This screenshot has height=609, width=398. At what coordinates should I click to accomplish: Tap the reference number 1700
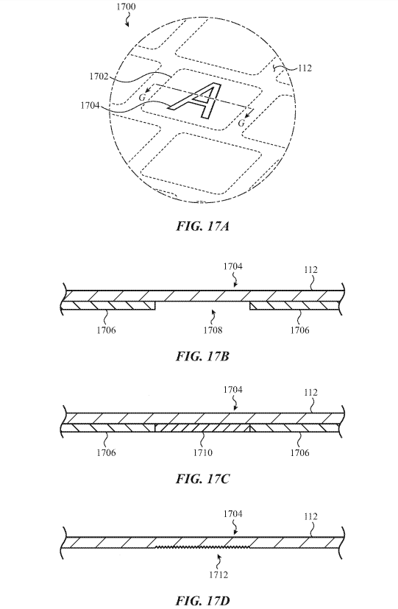click(x=126, y=7)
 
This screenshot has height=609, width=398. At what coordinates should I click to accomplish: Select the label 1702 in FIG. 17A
click(x=99, y=76)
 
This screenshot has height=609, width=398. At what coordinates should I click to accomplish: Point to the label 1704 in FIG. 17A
click(x=90, y=105)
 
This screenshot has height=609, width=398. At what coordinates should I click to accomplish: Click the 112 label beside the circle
click(x=305, y=68)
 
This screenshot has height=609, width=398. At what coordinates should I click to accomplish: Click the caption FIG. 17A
click(x=203, y=226)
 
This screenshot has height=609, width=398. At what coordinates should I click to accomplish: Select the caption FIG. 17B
click(x=202, y=356)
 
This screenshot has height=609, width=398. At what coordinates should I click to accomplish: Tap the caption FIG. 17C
click(x=203, y=479)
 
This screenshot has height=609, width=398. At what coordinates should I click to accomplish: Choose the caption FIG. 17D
click(x=203, y=601)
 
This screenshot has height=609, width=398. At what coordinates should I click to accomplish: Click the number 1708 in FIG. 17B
click(x=213, y=330)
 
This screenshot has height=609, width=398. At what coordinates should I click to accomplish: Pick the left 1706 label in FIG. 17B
click(x=106, y=330)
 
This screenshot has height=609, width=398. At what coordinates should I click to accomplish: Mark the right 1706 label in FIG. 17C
click(x=299, y=452)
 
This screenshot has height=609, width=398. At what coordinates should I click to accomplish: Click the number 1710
click(x=203, y=452)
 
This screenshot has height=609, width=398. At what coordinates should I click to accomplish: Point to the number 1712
click(x=218, y=575)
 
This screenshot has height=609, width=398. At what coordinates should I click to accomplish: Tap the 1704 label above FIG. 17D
click(x=232, y=514)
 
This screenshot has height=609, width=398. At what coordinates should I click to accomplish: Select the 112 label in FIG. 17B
click(x=310, y=269)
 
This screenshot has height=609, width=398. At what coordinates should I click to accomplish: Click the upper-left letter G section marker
click(x=142, y=98)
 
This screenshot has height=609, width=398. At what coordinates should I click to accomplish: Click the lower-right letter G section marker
click(x=241, y=123)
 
